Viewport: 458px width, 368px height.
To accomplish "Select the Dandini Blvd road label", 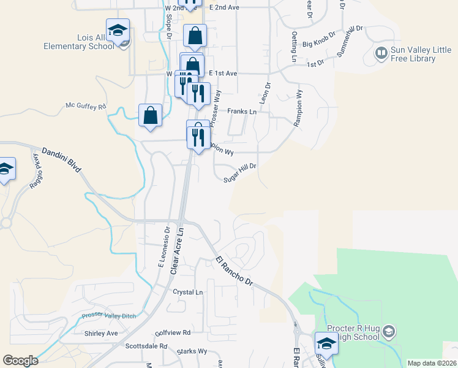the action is [x=61, y=159].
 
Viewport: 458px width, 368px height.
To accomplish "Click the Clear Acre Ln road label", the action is [x=178, y=251].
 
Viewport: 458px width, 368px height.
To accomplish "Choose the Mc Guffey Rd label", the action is [x=86, y=106].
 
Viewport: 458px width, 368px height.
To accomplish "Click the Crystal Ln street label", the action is [x=187, y=292].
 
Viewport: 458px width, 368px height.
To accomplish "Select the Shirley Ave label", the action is [x=101, y=333].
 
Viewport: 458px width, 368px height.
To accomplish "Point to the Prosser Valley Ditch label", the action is [x=110, y=316].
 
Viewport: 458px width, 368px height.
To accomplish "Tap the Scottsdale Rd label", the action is [x=146, y=346].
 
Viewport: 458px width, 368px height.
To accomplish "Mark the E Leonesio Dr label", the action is [x=163, y=245].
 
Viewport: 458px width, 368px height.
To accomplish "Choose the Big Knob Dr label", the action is [x=319, y=40].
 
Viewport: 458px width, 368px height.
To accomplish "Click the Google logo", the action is [x=20, y=361].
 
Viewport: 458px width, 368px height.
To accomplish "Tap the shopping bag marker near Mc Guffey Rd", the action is [x=151, y=115].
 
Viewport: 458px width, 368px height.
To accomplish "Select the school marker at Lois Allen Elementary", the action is [x=118, y=29].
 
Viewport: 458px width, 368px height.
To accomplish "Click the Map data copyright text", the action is [x=432, y=363].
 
